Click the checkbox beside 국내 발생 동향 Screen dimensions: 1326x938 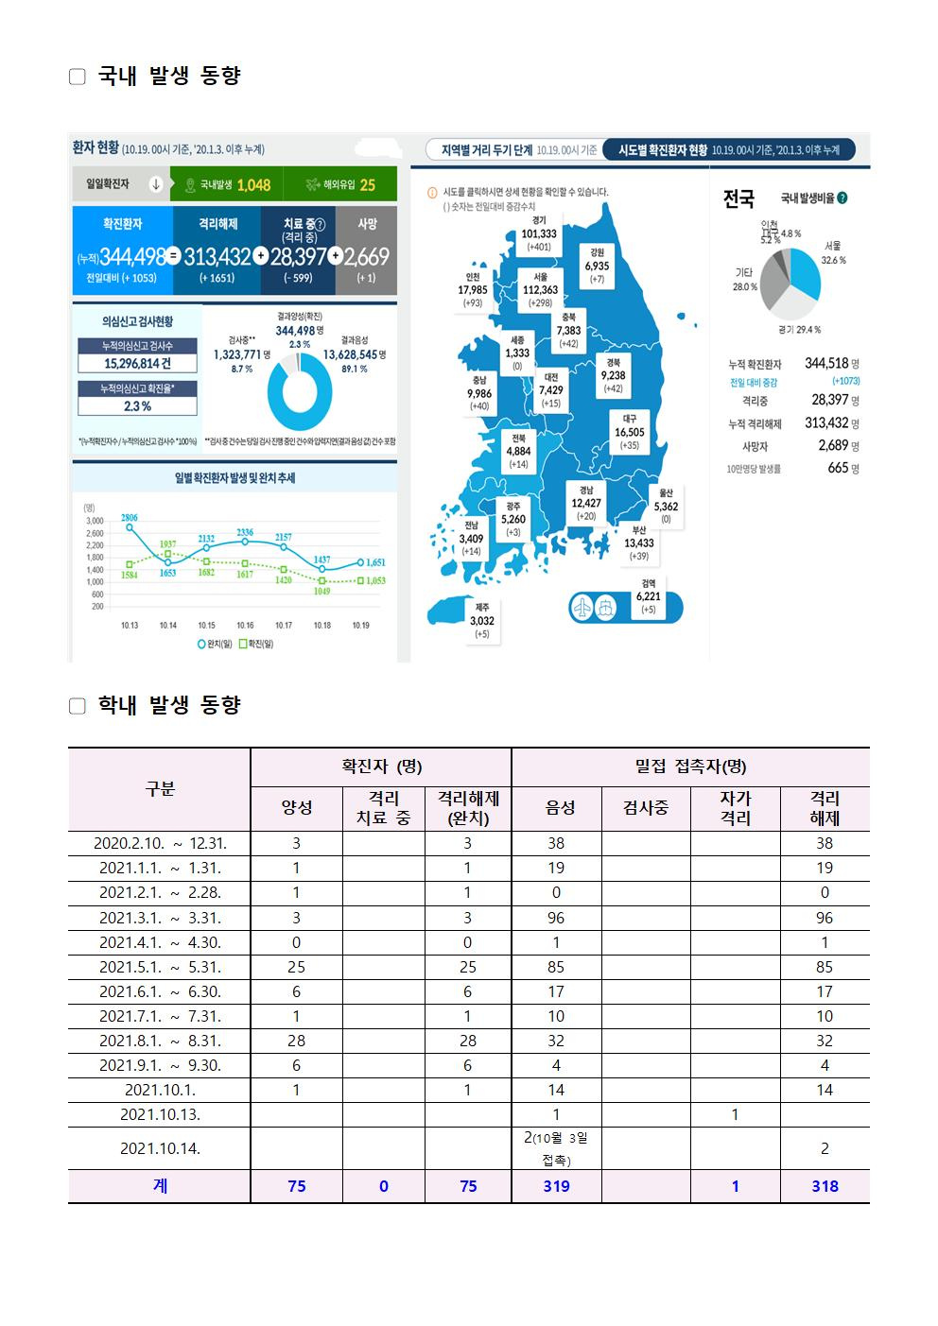pos(78,77)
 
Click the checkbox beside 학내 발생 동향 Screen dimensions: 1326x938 pos(78,706)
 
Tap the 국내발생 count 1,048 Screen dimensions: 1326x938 pos(252,185)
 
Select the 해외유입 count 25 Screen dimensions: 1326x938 pos(367,185)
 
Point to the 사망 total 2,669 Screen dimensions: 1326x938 pos(366,256)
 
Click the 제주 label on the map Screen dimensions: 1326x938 pos(482,619)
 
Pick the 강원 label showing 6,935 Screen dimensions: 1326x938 pos(597,265)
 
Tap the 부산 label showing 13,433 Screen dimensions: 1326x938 pos(639,542)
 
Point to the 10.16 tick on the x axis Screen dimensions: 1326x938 pos(245,625)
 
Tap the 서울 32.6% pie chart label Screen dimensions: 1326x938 pos(833,252)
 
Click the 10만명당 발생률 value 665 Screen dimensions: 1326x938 pos(838,468)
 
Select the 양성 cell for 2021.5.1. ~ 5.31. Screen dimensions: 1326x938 pos(296,967)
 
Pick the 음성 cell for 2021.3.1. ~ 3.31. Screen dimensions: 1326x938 pos(556,918)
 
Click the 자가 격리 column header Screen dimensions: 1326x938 pos(735,808)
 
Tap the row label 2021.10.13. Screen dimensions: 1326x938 pos(160,1114)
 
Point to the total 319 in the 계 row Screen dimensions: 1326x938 pos(556,1186)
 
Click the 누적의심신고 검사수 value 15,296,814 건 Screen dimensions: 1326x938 pos(138,363)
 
